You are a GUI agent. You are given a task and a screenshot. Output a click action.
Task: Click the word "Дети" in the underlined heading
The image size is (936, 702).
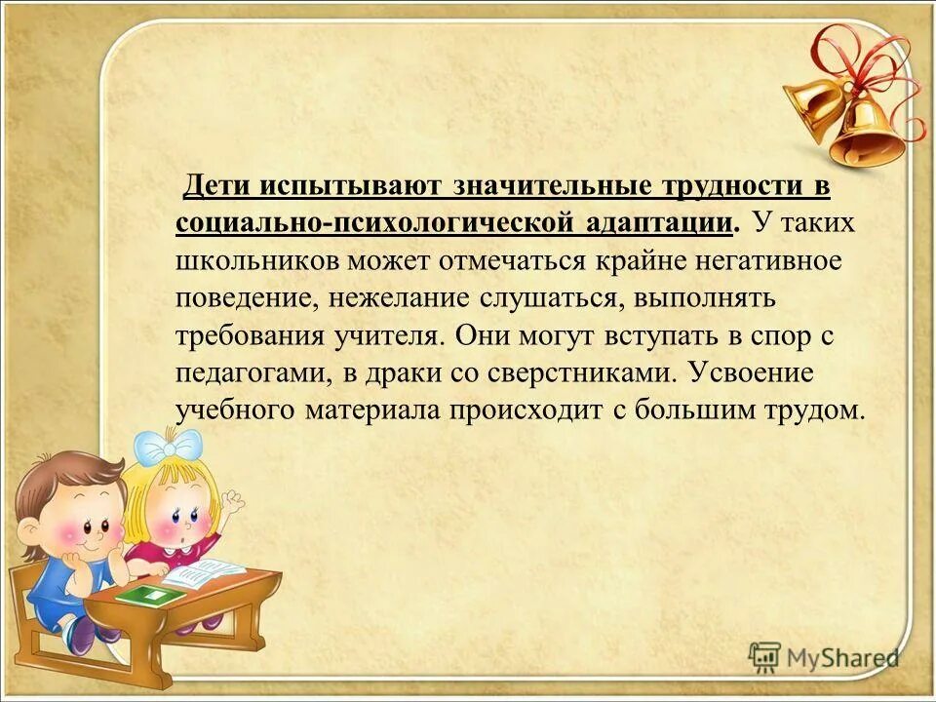coord(219,184)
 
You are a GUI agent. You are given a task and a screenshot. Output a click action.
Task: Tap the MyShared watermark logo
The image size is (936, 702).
coord(824,658)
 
